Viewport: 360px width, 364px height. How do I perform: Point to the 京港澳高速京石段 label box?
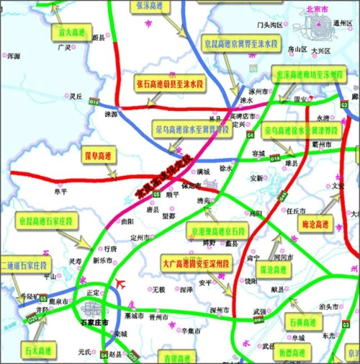coord(215,231)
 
